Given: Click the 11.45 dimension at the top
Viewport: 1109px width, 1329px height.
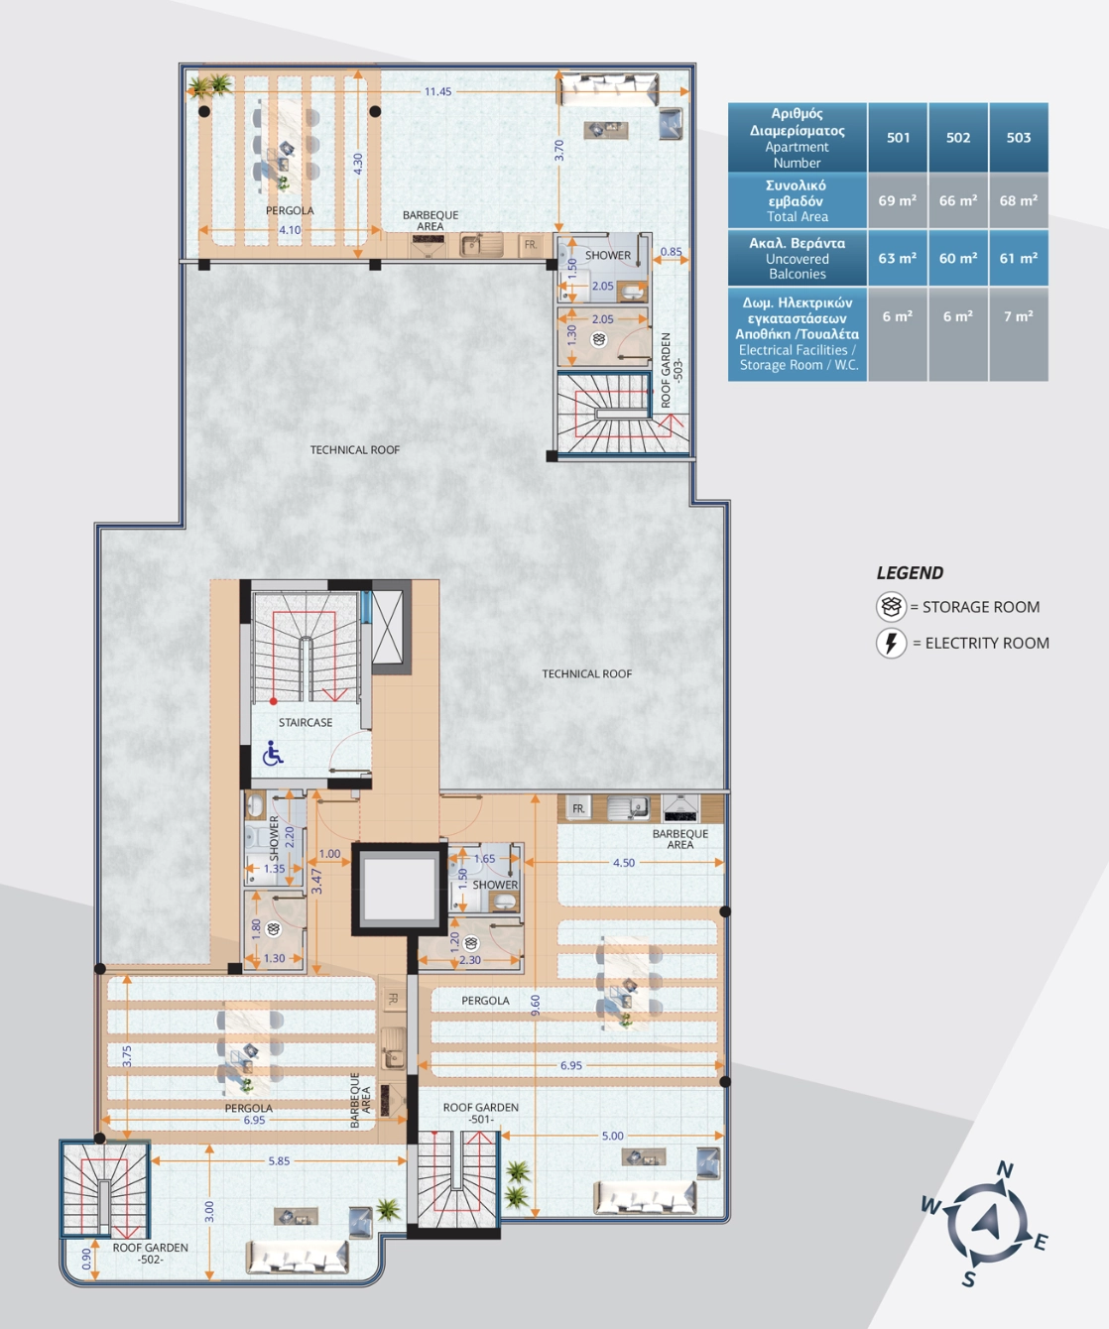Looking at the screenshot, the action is coord(438,91).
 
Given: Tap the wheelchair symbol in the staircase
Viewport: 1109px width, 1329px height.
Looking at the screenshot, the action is coord(273,754).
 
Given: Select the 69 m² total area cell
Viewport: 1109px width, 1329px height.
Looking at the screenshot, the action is coord(898,200).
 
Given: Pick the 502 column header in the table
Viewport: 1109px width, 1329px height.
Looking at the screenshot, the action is coord(958,138).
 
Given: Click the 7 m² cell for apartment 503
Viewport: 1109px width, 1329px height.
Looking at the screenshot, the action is coord(1019,316).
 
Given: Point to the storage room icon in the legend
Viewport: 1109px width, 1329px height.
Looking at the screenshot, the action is coord(891,607).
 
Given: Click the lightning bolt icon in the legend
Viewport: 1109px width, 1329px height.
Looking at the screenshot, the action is coord(891,643).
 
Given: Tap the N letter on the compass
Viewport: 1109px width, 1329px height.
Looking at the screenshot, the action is coord(1005,1169).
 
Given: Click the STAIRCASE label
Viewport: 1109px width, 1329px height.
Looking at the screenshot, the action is coord(306,722).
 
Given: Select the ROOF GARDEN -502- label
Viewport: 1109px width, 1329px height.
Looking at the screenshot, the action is coord(150,1254).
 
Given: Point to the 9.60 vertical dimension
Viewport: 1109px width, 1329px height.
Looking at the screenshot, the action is coord(536,1005).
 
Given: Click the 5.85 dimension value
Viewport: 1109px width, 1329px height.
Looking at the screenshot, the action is coord(279,1161).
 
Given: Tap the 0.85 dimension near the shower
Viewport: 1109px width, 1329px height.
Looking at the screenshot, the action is coord(671,251).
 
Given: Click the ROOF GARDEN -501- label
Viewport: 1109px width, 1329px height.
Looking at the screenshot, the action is coord(481,1113).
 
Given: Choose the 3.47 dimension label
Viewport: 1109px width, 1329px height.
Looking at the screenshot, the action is coord(316,881).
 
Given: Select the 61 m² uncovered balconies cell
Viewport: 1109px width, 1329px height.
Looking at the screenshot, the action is coord(1019,259).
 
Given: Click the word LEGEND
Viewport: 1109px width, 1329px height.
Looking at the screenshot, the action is coord(910,573).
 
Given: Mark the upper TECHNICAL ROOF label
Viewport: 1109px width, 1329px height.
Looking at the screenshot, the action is coord(354,450).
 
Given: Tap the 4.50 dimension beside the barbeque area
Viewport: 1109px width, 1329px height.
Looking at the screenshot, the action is coord(624,863).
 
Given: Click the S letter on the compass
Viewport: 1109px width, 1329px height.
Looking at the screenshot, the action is coord(969,1279).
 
